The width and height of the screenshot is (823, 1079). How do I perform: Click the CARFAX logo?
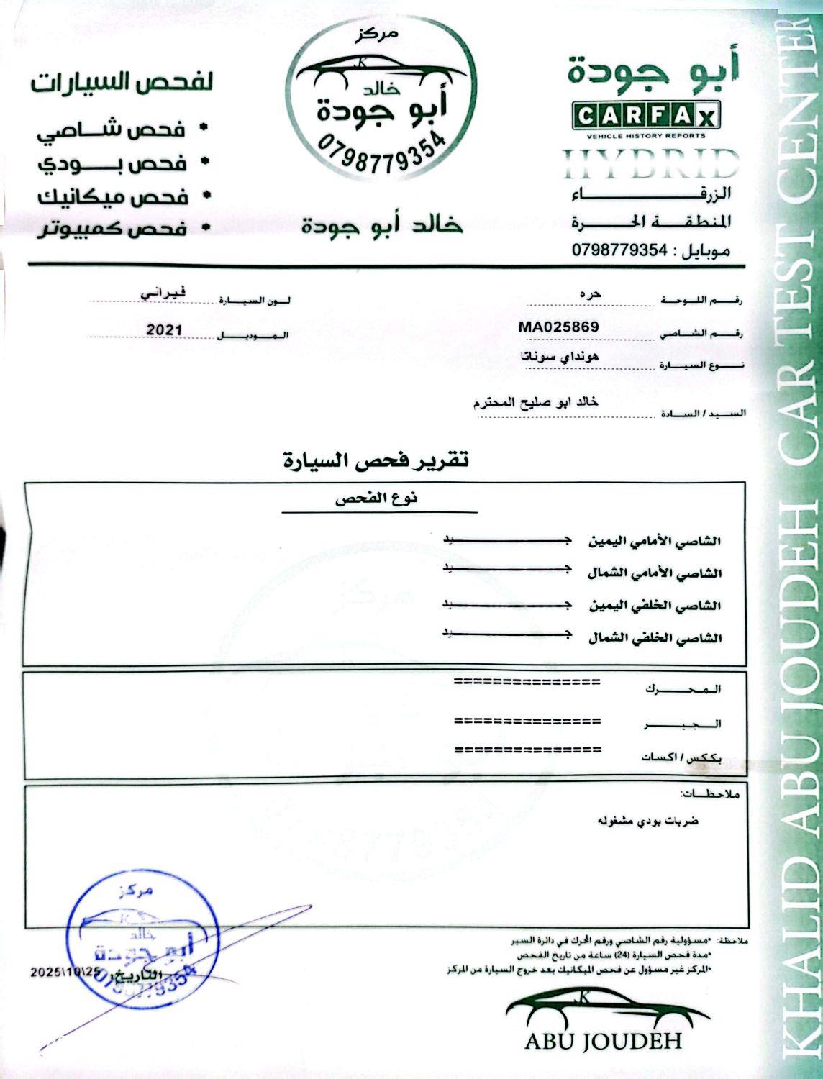point(645,117)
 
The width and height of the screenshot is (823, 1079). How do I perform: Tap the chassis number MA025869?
point(558,326)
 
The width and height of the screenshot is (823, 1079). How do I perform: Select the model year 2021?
point(165,330)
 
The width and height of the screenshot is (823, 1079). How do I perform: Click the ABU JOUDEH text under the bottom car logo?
point(603,1041)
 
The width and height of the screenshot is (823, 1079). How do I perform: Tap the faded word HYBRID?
point(650,165)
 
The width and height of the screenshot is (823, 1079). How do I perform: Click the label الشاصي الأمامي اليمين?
point(655,540)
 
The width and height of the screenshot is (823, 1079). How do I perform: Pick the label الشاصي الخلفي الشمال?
point(655,638)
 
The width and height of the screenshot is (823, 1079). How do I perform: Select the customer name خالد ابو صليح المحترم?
point(535,403)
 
